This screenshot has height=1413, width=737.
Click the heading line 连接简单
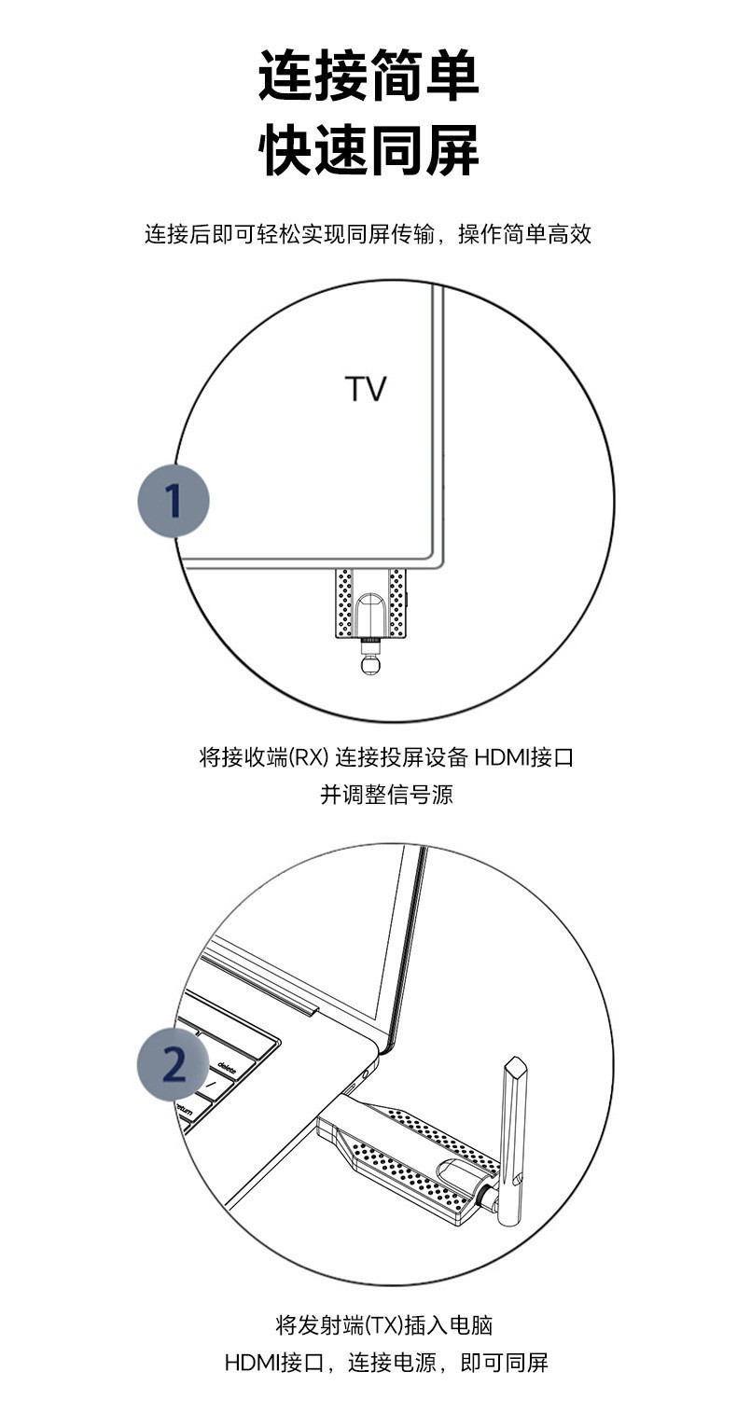[368, 76]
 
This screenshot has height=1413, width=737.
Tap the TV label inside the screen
[366, 389]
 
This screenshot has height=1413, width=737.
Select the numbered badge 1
[174, 501]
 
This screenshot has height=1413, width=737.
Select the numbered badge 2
[174, 1064]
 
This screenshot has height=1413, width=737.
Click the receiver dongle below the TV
[370, 604]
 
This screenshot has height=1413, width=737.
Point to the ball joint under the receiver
[370, 665]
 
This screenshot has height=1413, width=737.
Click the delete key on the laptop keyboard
[226, 1065]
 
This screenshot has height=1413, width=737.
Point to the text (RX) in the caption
[307, 757]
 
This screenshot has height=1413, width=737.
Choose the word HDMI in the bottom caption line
[253, 1362]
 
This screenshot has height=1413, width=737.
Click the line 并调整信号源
[386, 795]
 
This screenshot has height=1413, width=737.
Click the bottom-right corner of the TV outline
[441, 563]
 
